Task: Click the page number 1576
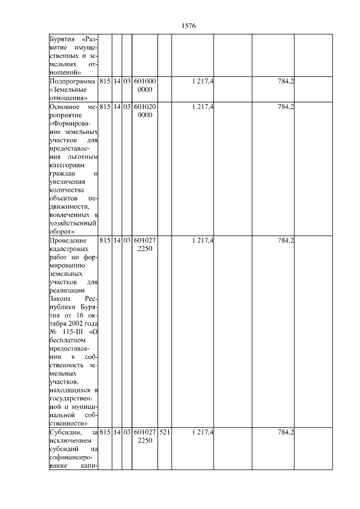(188, 26)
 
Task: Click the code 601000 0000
(145, 86)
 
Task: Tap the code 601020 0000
(145, 111)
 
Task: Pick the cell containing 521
(164, 432)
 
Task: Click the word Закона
(56, 299)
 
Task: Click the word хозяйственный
(70, 223)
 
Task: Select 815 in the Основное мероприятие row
(104, 107)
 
